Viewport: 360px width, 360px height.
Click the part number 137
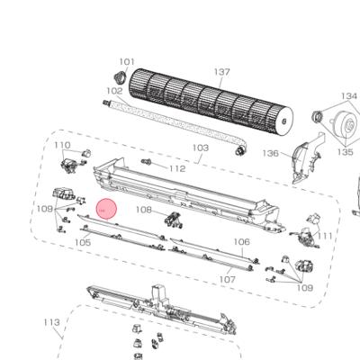pyautogui.click(x=221, y=71)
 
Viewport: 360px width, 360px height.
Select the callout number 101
pyautogui.click(x=127, y=62)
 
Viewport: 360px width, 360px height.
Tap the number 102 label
pyautogui.click(x=114, y=91)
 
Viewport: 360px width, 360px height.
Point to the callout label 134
pyautogui.click(x=348, y=95)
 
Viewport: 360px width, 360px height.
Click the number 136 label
pyautogui.click(x=270, y=153)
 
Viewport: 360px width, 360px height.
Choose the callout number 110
pyautogui.click(x=62, y=145)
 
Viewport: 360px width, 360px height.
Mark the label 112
pyautogui.click(x=176, y=168)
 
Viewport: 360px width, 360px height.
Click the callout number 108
pyautogui.click(x=144, y=210)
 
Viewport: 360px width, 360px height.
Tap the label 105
pyautogui.click(x=82, y=242)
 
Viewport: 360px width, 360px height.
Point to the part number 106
pyautogui.click(x=241, y=241)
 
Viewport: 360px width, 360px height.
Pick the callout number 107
pyautogui.click(x=227, y=280)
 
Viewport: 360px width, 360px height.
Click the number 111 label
pyautogui.click(x=326, y=236)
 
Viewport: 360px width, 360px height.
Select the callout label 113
pyautogui.click(x=52, y=321)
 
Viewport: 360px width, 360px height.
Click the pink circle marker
pyautogui.click(x=107, y=210)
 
